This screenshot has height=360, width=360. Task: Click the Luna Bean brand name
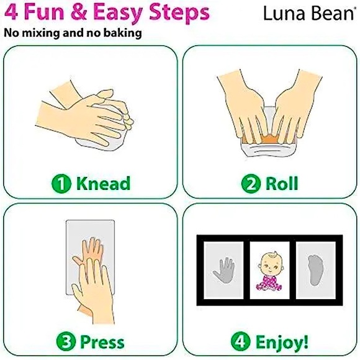308,13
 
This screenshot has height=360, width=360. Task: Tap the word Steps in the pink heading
179,12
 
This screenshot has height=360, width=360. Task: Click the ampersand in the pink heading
79,12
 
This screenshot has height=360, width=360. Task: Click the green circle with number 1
61,184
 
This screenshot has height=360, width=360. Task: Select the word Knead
103,183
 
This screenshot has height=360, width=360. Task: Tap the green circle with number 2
251,184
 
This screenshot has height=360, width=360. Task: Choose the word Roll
282,183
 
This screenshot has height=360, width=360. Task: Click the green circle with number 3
66,342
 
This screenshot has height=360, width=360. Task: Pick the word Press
102,342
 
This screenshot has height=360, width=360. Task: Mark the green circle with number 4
241,342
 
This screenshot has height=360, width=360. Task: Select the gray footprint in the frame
316,270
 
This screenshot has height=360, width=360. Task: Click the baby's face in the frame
270,264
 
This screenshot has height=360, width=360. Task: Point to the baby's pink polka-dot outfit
269,282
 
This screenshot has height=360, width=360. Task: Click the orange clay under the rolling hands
268,139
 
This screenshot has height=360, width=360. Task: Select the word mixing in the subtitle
40,34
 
